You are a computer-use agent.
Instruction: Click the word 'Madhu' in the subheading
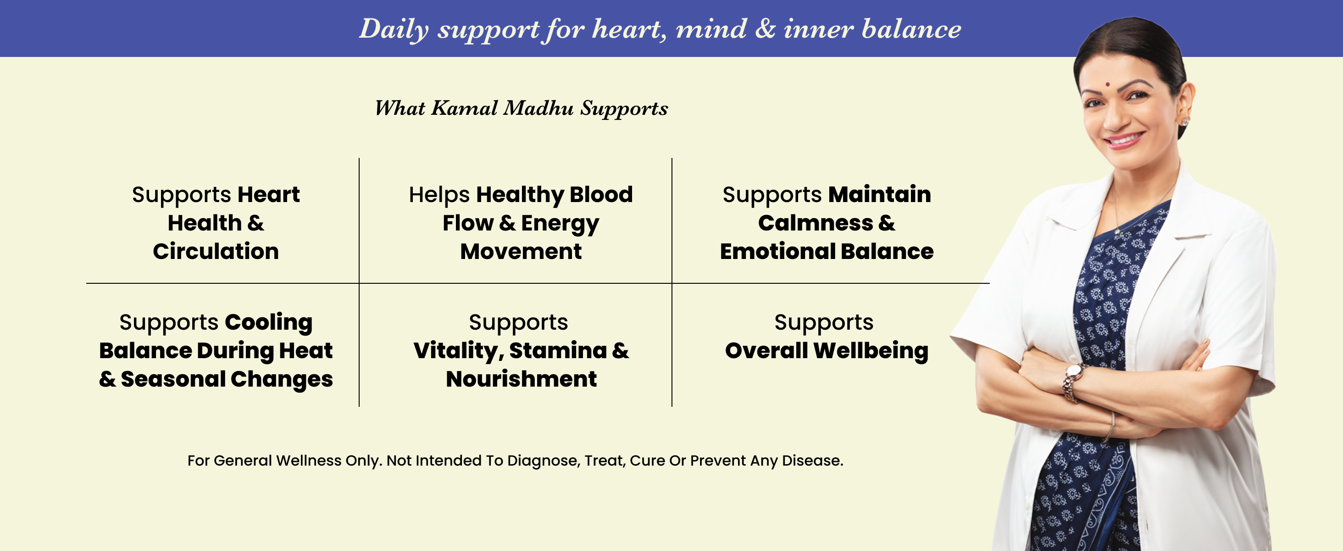[x=538, y=108]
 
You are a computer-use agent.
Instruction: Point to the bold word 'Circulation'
[x=216, y=252]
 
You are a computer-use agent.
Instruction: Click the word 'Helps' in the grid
[x=439, y=195]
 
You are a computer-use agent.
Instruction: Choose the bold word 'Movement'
[x=521, y=252]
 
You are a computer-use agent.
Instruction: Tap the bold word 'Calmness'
[x=816, y=223]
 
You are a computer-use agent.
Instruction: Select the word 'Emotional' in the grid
[x=777, y=252]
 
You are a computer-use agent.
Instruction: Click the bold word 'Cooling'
[x=269, y=322]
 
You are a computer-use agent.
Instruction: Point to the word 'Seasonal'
[x=173, y=379]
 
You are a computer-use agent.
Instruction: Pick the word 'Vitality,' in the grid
[x=459, y=351]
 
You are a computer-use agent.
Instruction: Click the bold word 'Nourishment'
[x=522, y=379]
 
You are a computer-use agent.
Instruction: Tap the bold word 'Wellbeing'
[x=871, y=351]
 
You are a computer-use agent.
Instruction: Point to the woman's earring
[x=1185, y=122]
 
